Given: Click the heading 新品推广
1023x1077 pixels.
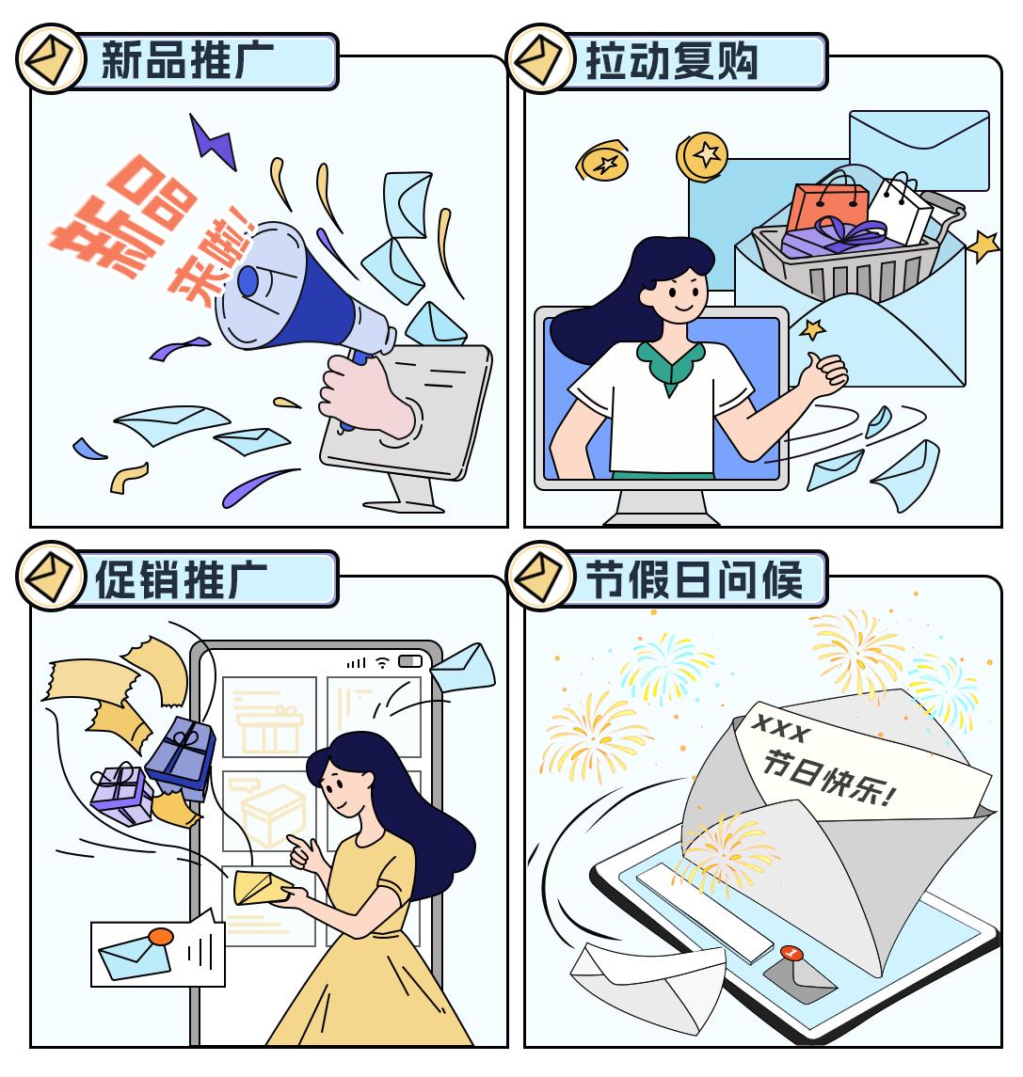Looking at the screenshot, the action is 187,60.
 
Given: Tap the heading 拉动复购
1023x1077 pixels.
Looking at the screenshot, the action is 672,60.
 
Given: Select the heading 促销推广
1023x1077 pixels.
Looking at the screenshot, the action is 182,579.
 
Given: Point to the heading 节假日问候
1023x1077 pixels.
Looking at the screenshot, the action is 694,579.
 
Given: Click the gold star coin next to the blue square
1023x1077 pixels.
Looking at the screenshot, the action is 701,156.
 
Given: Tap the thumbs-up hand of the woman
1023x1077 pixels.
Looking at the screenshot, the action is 823,373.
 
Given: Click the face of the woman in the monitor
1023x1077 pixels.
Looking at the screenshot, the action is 678,292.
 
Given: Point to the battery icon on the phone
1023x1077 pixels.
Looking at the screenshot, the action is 410,660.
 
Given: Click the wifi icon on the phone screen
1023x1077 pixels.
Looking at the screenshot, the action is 383,662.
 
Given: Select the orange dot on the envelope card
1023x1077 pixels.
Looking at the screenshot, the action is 161,936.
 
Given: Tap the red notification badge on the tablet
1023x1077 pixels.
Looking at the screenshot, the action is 791,953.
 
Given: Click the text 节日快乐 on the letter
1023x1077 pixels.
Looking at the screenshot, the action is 829,778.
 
